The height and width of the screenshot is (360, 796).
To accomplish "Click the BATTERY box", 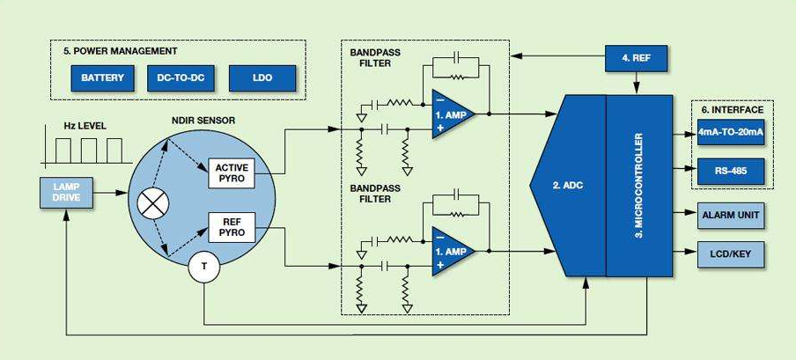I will coord(103,77).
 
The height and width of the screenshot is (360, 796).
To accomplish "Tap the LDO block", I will coord(262,77).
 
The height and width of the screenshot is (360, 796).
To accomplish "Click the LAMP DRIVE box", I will coord(66,193).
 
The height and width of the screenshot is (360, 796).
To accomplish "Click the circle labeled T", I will coord(203,268).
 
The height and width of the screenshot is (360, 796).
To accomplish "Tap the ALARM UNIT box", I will coord(731,214).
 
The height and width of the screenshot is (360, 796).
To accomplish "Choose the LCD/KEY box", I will coord(731,255).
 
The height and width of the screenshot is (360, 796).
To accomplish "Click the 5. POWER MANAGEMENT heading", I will coord(120,51).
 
